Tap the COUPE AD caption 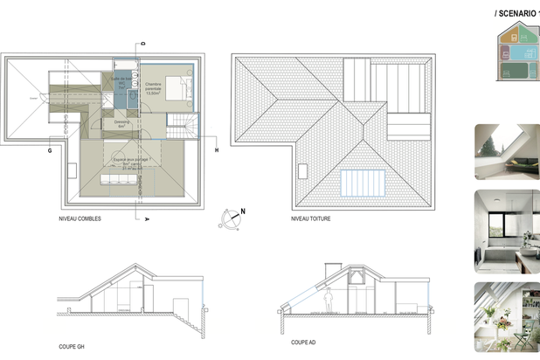point(302,342)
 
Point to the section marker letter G point(51,149)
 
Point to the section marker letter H point(216,149)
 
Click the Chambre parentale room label point(158,87)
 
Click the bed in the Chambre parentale point(181,87)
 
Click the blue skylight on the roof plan point(363,183)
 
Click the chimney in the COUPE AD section point(357,276)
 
